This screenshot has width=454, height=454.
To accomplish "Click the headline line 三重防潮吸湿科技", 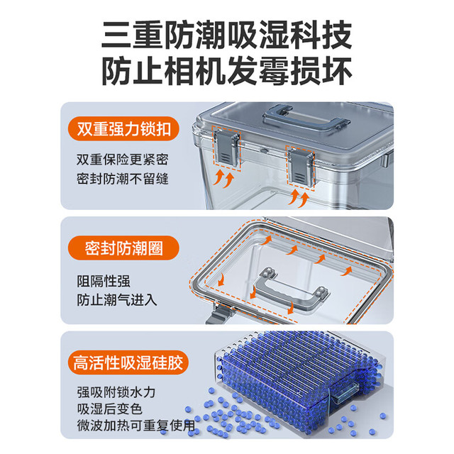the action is pos(227,35).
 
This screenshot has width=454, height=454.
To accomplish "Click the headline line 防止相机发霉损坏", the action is pos(227,71).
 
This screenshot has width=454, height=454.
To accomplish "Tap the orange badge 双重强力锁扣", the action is pos(123,129).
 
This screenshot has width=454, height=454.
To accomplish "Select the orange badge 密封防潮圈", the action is pos(123,248).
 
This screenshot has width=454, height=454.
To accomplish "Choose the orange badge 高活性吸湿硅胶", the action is pos(128,362).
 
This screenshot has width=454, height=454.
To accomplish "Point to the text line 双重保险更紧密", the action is pos(123,160).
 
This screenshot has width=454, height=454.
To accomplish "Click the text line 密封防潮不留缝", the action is pos(123,179).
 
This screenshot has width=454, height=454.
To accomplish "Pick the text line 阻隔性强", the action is pos(104,281).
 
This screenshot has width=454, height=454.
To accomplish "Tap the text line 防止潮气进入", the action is pos(116,300).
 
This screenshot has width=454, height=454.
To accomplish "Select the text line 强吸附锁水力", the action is pos(116,392).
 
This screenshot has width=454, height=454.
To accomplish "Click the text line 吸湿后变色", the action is pos(109,409).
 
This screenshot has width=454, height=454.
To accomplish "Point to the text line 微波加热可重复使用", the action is pos(136,426).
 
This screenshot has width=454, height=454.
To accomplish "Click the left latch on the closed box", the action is pos(227,148).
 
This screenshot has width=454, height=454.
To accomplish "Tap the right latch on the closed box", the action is pos(301,167).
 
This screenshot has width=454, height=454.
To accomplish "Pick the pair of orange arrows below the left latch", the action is pos(223,178).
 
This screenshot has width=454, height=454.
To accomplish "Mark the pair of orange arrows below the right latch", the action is pos(299,198).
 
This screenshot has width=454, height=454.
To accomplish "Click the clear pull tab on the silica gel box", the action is pos(345,392).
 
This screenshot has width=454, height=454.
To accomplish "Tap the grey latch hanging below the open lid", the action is pos(219,314).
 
